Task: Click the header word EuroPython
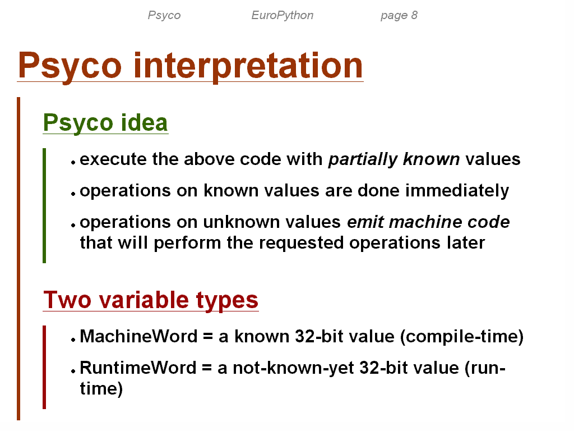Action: (283, 15)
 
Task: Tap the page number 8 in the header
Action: (414, 15)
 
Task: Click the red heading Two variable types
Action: (151, 300)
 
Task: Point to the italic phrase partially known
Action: (394, 159)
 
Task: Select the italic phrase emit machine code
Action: (428, 222)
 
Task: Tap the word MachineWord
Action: (139, 336)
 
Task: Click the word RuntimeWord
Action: (138, 368)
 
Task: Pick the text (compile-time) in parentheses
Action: (462, 337)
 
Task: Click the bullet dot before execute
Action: (73, 162)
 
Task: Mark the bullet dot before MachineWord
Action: (73, 340)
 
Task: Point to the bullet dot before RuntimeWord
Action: (73, 371)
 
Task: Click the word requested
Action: (301, 244)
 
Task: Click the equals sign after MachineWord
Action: (208, 336)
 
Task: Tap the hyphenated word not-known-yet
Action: (293, 368)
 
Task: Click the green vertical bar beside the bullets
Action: (44, 205)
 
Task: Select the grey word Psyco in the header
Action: (164, 15)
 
